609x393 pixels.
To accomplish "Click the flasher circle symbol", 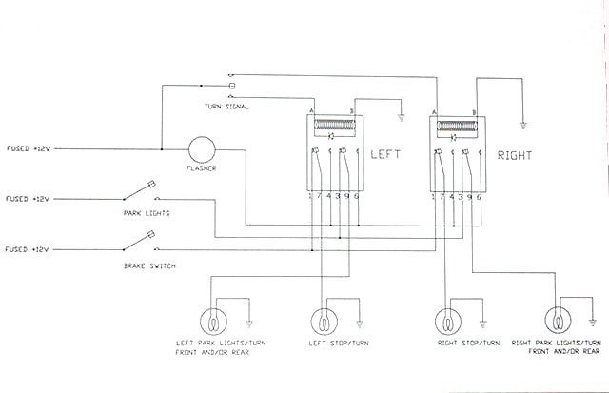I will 201,149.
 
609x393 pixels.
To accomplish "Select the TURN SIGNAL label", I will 226,107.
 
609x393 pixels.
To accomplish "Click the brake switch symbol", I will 149,239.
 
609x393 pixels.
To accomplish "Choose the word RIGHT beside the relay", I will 514,155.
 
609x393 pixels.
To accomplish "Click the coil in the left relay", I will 334,124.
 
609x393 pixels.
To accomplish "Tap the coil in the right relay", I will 455,124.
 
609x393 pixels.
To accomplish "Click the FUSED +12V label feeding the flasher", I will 28,149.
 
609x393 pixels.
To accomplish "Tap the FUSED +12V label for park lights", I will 28,200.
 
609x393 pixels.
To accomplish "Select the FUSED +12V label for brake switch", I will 28,249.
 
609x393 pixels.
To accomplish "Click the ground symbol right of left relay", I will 401,118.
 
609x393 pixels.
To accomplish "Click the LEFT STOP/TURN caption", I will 333,342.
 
